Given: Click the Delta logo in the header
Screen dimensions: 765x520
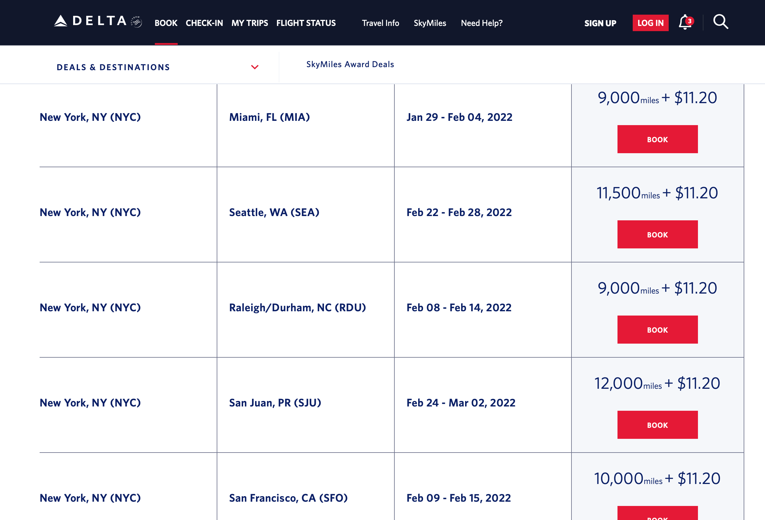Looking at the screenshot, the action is pos(98,21).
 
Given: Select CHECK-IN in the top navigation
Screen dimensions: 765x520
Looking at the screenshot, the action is pos(204,23).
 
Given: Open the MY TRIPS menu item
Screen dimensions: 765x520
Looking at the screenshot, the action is pos(250,23).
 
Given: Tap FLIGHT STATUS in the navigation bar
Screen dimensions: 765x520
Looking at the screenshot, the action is pos(306,23).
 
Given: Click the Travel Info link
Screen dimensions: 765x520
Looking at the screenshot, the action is pos(381,23).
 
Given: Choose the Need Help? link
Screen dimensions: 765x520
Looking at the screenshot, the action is pos(482,23).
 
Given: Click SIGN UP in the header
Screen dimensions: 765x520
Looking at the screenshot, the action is pos(600,23).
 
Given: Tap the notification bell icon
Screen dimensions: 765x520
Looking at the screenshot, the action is pos(686,22).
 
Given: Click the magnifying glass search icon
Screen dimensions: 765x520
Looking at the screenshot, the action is pos(721,22).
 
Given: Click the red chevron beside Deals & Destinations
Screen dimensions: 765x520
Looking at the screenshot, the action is pos(255,67).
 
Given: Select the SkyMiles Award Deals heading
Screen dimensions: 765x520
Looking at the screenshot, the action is pos(350,64).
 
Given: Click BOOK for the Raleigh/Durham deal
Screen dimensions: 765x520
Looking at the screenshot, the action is pos(657,330).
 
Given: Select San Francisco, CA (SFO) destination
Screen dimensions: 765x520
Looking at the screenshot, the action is pos(288,498).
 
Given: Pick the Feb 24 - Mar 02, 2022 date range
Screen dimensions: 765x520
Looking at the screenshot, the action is pos(461,403).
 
